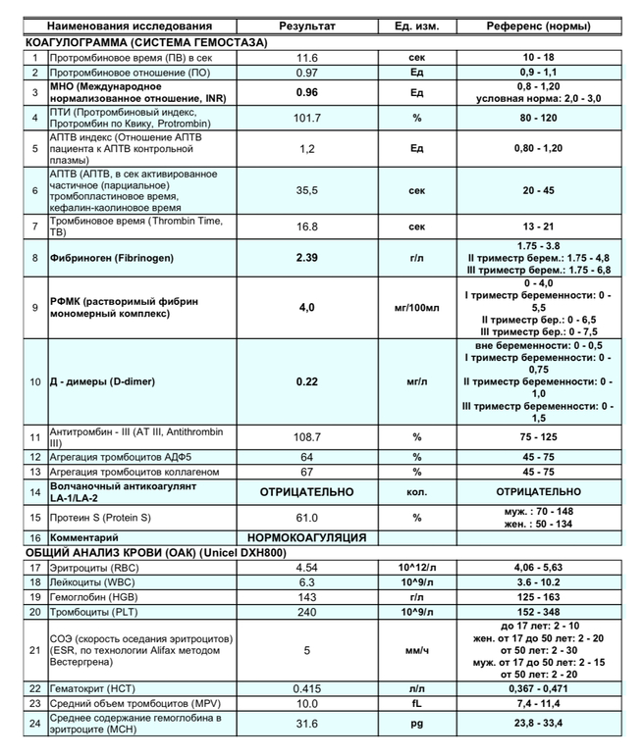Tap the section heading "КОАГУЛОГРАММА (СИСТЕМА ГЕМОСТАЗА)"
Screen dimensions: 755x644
pyautogui.click(x=146, y=43)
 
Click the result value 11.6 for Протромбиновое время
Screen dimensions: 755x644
pyautogui.click(x=307, y=58)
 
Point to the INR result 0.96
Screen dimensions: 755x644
pyautogui.click(x=307, y=93)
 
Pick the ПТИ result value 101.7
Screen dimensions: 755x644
pyautogui.click(x=307, y=119)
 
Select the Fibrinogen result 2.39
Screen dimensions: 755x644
pyautogui.click(x=307, y=258)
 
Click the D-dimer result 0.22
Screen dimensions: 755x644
pyautogui.click(x=307, y=381)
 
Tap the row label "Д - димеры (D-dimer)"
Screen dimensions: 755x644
pyautogui.click(x=99, y=381)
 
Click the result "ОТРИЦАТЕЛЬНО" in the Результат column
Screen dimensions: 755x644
pyautogui.click(x=307, y=491)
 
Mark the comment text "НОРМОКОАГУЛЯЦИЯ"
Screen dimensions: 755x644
pyautogui.click(x=307, y=537)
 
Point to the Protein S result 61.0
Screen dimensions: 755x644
pyautogui.click(x=307, y=517)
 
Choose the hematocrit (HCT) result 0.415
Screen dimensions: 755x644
pyautogui.click(x=307, y=688)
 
